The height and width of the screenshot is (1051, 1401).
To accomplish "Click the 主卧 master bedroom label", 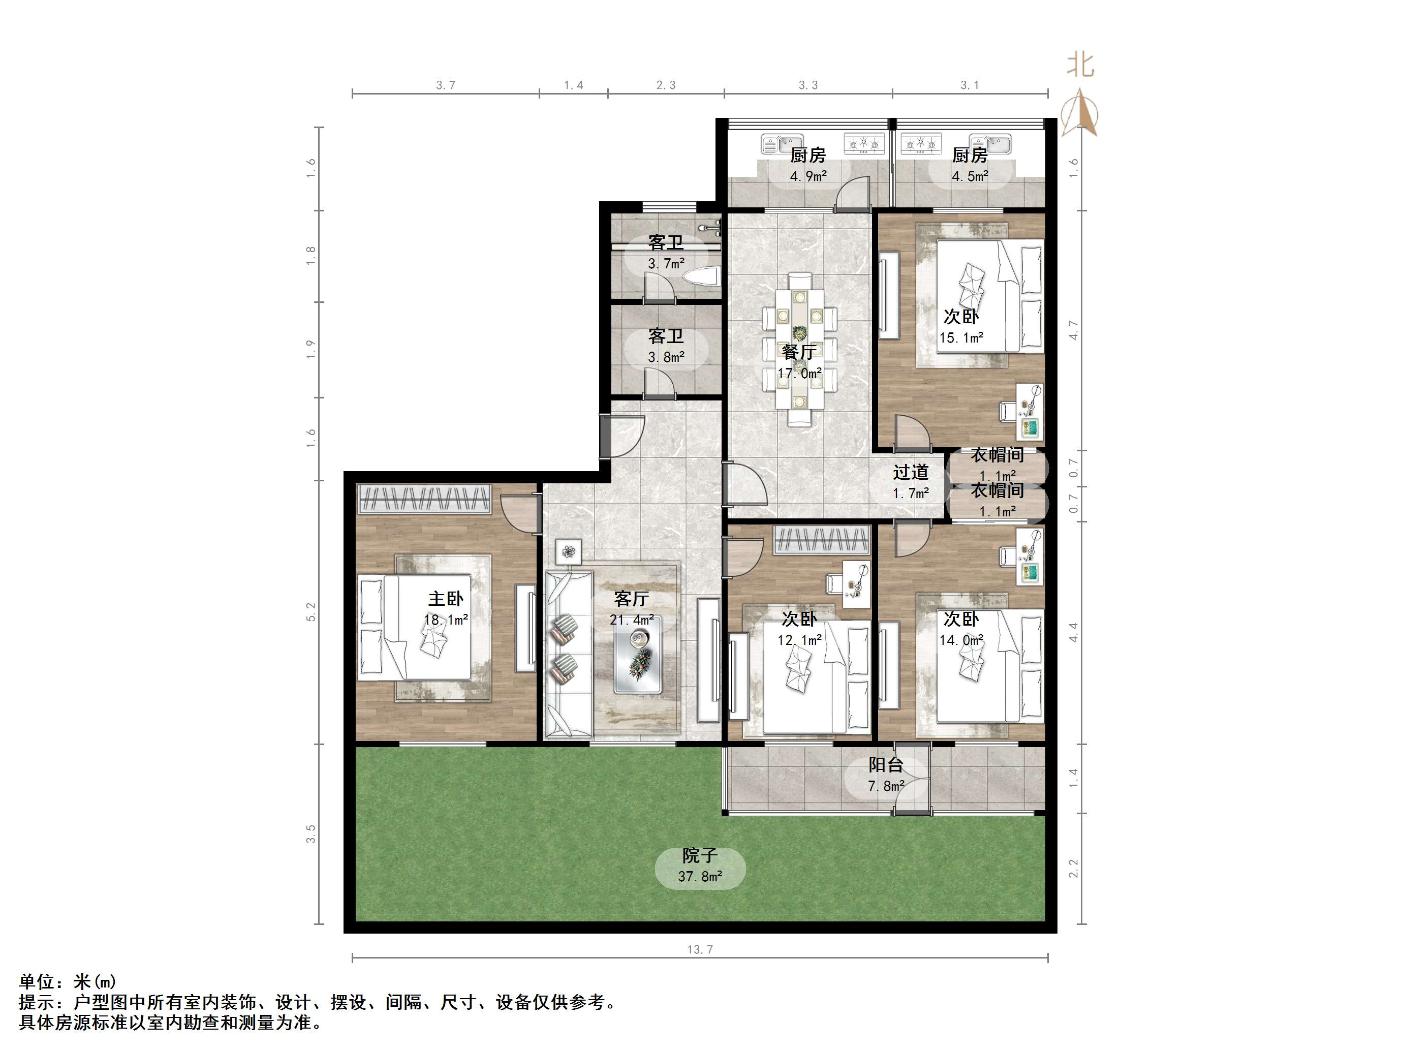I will pos(446,599).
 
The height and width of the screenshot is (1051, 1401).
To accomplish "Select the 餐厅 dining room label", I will pos(799,352).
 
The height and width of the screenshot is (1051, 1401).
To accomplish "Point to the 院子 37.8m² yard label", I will pos(700,867).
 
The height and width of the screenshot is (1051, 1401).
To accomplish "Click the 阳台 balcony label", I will pos(885,765).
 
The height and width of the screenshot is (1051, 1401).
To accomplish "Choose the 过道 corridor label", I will pos(911,472).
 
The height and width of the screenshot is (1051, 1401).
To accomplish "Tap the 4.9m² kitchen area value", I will pos(808,176).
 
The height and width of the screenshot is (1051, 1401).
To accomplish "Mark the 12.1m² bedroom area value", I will pos(799,640).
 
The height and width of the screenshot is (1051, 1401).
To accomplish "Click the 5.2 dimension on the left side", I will pos(311,611).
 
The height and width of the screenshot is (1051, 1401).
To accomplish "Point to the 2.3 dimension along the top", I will pos(666,85).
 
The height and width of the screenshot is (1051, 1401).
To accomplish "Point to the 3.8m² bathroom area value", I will pos(666,357).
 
